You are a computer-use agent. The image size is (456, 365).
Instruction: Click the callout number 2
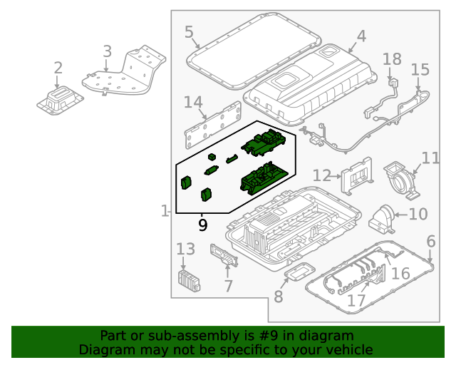[x=58, y=68]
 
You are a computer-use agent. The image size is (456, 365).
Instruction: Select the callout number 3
[x=107, y=51]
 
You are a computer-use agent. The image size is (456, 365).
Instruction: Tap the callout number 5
[x=189, y=32]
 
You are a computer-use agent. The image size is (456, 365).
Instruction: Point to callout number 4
[x=361, y=36]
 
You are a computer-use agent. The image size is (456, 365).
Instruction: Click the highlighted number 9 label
[x=203, y=226]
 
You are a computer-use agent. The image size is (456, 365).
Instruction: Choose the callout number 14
[x=193, y=103]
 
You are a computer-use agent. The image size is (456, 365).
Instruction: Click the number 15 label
[x=420, y=69]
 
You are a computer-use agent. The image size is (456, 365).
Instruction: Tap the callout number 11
[x=430, y=158]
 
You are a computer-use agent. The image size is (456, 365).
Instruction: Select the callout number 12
[x=322, y=175]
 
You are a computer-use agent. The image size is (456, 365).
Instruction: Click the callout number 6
[x=430, y=242]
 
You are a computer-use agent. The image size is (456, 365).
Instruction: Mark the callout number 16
[x=400, y=274]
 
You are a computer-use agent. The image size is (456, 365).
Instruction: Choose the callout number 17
[x=356, y=301]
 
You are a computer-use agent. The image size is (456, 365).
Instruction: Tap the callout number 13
[x=185, y=249]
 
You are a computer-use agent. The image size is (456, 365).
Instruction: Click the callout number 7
[x=228, y=287]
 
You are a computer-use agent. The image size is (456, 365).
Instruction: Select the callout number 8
[x=278, y=295]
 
